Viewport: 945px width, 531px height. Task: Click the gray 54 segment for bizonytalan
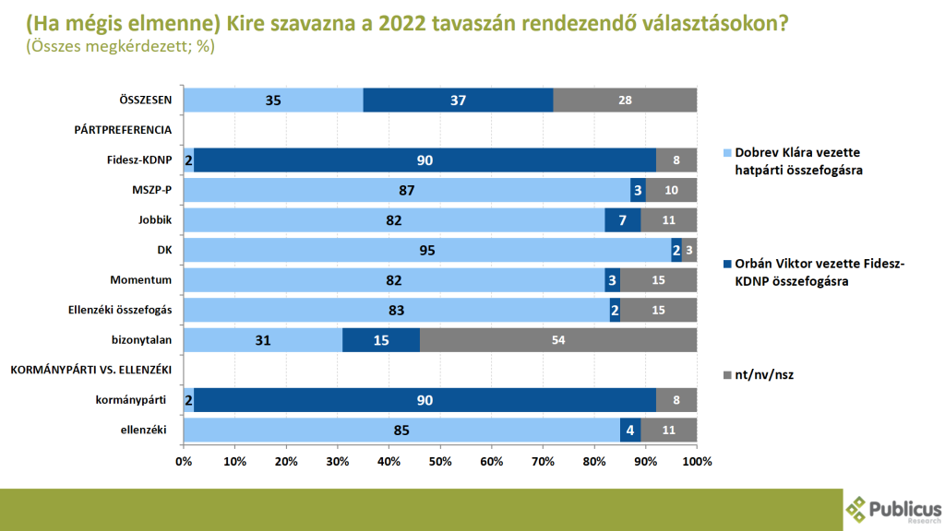tap(558, 340)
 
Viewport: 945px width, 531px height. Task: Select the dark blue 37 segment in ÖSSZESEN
tap(458, 100)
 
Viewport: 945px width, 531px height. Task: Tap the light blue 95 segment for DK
tap(427, 251)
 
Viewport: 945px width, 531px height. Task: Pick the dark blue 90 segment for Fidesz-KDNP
tap(425, 160)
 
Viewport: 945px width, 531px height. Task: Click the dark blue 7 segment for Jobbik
tap(622, 220)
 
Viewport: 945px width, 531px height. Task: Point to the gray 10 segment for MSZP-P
tap(671, 191)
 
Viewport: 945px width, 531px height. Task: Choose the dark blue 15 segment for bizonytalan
tap(381, 340)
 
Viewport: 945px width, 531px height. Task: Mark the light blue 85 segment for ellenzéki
tap(402, 431)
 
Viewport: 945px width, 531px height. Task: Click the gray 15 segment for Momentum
tap(658, 280)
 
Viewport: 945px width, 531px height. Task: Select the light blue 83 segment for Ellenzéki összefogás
tap(397, 311)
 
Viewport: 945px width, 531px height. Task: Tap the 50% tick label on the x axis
tap(440, 461)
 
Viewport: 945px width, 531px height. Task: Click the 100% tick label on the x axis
tap(697, 461)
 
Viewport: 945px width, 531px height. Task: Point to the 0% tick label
tap(185, 461)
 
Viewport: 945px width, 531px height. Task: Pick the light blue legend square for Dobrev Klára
tap(726, 151)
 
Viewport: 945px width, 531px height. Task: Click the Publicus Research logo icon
tap(856, 508)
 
